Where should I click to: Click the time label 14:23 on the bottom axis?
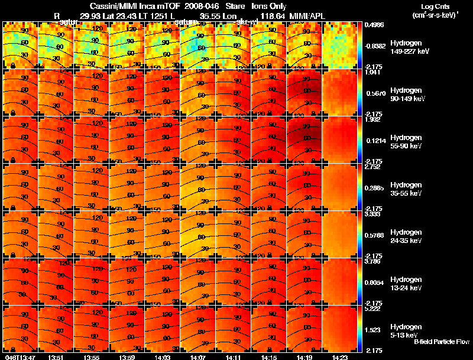tap(339, 357)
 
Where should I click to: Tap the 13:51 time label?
tap(56, 357)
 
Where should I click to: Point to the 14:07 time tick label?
tap(197, 357)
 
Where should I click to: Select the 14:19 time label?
tap(304, 357)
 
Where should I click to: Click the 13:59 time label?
tap(127, 357)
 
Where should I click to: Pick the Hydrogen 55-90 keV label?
tap(407, 141)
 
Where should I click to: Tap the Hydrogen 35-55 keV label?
tap(407, 189)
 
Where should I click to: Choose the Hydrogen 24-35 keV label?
tap(407, 236)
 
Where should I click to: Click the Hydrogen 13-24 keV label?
tap(407, 283)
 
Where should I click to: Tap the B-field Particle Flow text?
tap(441, 342)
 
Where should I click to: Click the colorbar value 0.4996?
tap(375, 25)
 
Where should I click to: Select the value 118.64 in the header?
tap(268, 15)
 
